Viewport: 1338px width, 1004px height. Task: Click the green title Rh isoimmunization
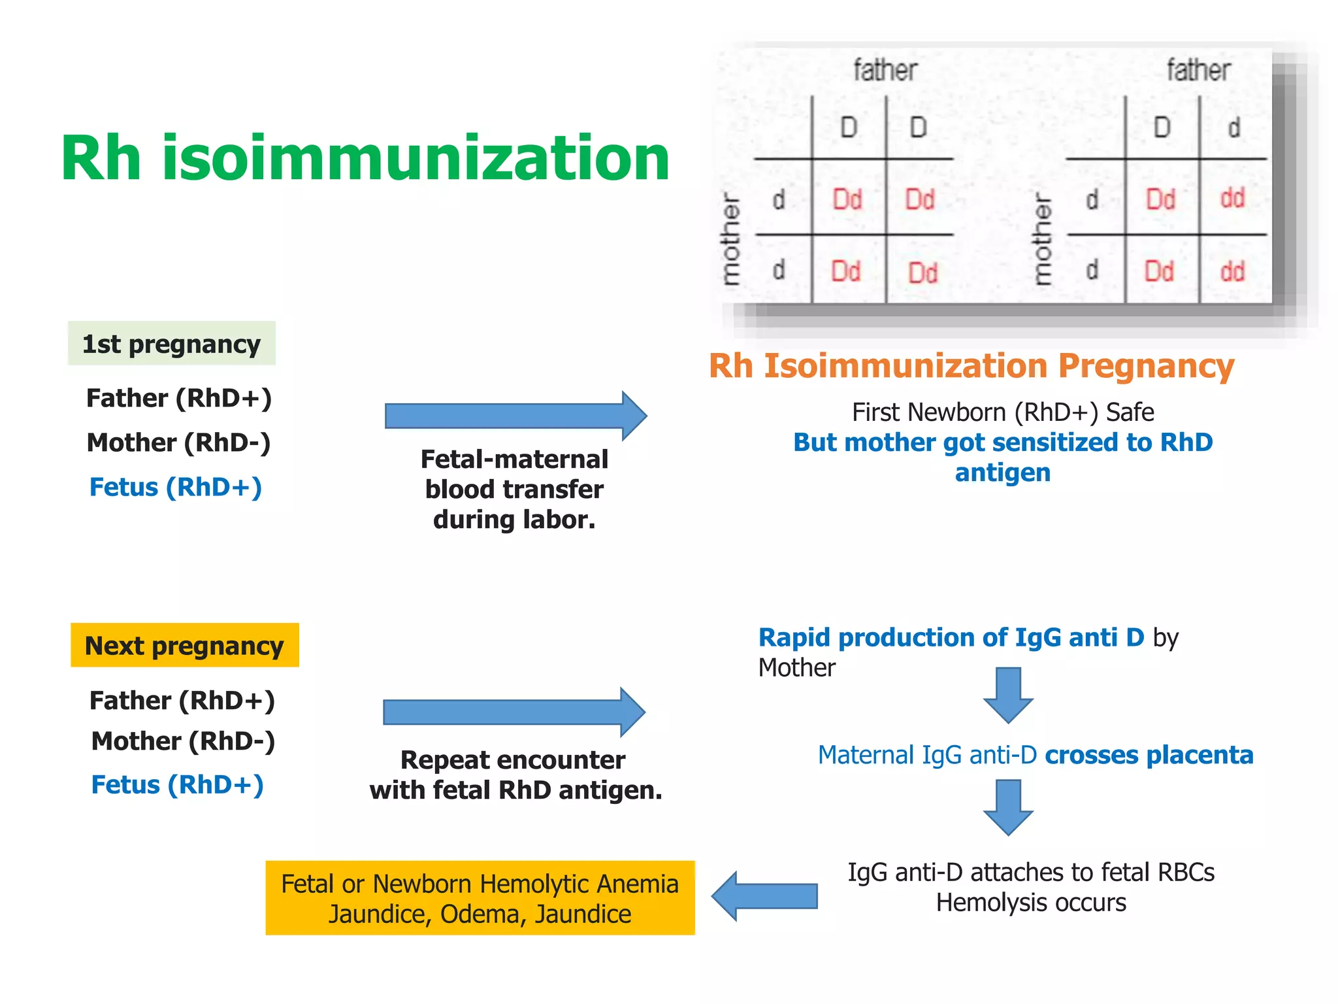pyautogui.click(x=365, y=159)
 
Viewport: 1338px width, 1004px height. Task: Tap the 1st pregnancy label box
pyautogui.click(x=171, y=344)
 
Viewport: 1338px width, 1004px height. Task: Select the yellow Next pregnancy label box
pyautogui.click(x=184, y=646)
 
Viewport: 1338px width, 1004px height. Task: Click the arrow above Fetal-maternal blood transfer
pyautogui.click(x=515, y=416)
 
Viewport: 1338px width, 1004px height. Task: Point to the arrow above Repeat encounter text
pyautogui.click(x=514, y=712)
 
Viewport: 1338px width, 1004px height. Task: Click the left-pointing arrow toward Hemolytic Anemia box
pyautogui.click(x=764, y=896)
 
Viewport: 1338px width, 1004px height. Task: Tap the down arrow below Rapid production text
pyautogui.click(x=1008, y=695)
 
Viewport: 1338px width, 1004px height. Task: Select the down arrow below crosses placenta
pyautogui.click(x=1008, y=807)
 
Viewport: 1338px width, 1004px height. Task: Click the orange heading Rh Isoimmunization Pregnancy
pyautogui.click(x=971, y=366)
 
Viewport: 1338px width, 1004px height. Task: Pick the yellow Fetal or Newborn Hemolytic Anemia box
pyautogui.click(x=480, y=898)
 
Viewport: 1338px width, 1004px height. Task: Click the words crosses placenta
pyautogui.click(x=1149, y=755)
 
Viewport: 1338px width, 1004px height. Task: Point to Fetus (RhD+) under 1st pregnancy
pyautogui.click(x=175, y=487)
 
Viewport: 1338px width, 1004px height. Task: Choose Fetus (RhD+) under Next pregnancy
pyautogui.click(x=177, y=784)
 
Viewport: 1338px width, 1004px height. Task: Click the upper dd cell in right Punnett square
pyautogui.click(x=1232, y=198)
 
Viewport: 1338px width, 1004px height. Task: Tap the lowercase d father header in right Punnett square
pyautogui.click(x=1233, y=127)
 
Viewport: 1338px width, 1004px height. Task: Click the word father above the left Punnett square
pyautogui.click(x=885, y=70)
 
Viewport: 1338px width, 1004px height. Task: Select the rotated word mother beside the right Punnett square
pyautogui.click(x=1043, y=239)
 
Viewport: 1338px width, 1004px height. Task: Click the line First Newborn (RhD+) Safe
pyautogui.click(x=1003, y=412)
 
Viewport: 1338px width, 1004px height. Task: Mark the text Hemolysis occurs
pyautogui.click(x=1031, y=903)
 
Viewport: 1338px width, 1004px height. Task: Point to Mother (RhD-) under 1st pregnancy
pyautogui.click(x=178, y=443)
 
